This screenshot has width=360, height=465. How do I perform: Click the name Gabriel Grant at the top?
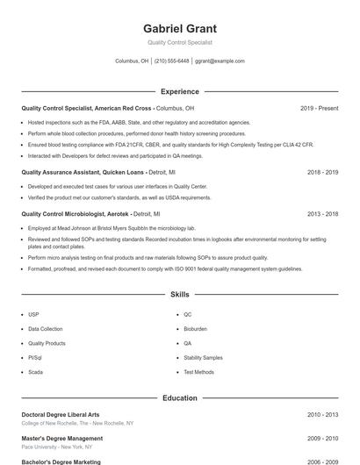tap(180, 29)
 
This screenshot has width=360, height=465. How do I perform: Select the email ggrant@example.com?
tap(220, 61)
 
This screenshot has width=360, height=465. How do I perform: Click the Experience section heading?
tap(180, 91)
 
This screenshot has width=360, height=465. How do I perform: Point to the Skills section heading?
tap(180, 295)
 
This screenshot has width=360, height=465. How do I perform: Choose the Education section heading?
tap(180, 397)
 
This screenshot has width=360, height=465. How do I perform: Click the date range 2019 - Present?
tap(319, 108)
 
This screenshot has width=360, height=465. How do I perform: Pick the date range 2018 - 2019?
tap(322, 173)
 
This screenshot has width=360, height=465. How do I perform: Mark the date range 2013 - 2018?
tap(322, 214)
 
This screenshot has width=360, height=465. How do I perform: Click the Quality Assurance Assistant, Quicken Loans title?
tap(83, 173)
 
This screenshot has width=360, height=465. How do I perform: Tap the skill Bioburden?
tap(195, 329)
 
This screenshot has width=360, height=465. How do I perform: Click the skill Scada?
tap(35, 372)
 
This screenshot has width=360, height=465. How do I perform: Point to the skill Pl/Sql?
tap(35, 358)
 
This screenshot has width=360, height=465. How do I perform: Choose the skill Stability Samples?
tap(203, 358)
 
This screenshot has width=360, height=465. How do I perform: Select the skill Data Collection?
tap(46, 329)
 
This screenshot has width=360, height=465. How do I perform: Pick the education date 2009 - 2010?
tap(322, 438)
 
